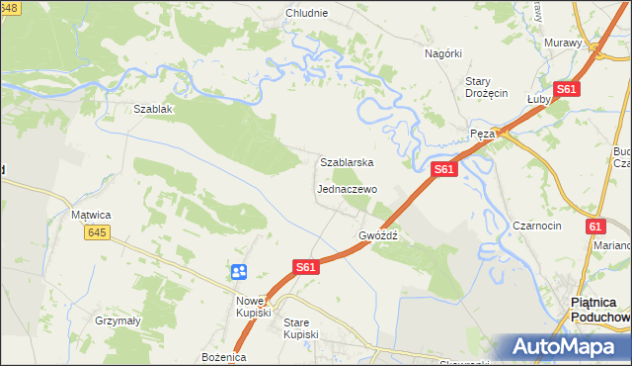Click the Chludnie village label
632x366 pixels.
coord(306,13)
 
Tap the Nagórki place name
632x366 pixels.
coord(443,53)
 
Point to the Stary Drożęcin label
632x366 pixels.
coord(486,87)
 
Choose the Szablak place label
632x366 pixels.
coord(153,109)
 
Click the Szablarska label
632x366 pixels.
coord(346,161)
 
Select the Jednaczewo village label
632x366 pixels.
coord(347,188)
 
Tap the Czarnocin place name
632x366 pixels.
coord(537,226)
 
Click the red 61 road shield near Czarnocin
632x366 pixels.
coord(594,227)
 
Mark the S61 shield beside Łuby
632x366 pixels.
coord(566,89)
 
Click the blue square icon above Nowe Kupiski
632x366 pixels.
coord(238,271)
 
